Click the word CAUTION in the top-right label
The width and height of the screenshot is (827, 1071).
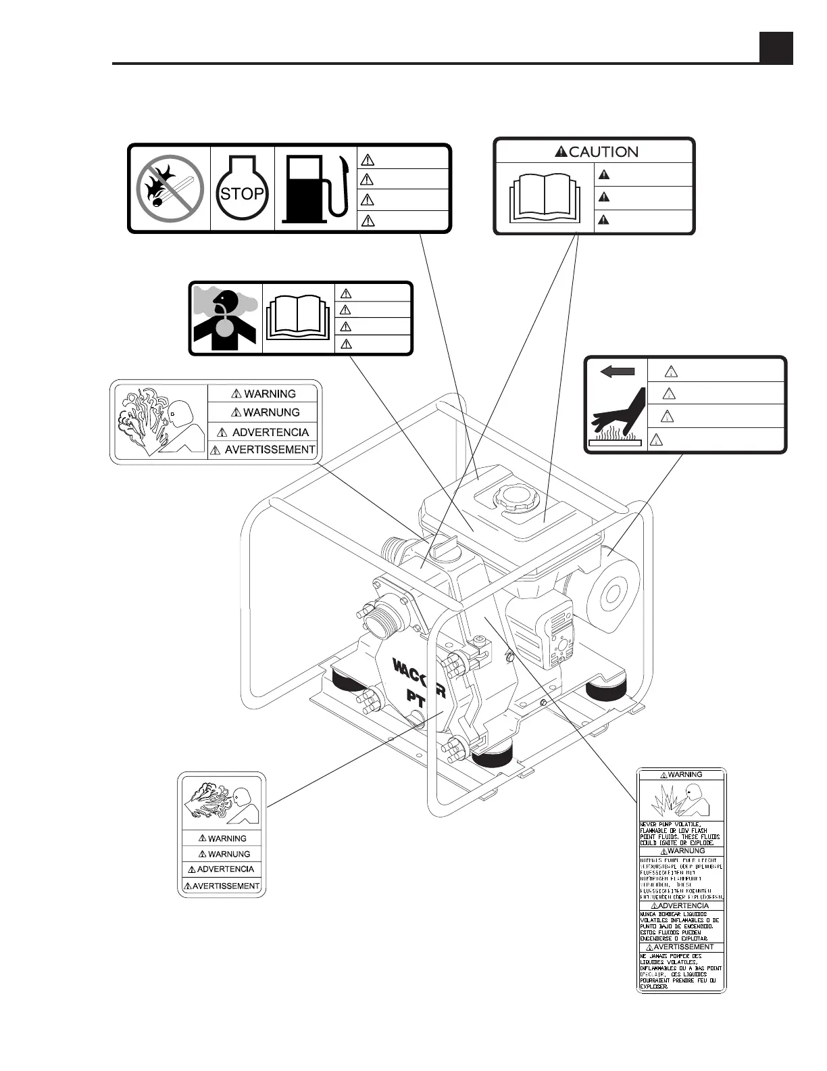[x=603, y=151]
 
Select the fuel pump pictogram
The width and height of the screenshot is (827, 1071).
[x=316, y=189]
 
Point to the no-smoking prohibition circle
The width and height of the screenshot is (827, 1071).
[x=170, y=189]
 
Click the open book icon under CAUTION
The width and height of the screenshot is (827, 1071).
[x=545, y=198]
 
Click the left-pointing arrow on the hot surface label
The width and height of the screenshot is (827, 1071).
[x=617, y=371]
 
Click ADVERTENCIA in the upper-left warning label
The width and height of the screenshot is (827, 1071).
[x=270, y=432]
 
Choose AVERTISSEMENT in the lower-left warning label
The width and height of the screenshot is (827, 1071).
[x=226, y=886]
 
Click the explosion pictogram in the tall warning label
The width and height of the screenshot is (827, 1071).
[x=680, y=801]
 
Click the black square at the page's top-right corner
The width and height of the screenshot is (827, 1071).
[x=776, y=47]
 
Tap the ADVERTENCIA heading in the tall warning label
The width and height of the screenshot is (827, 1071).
[x=683, y=905]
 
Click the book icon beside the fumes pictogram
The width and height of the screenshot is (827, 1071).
[x=297, y=317]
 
